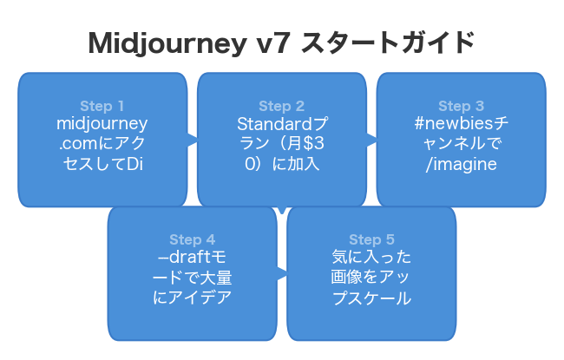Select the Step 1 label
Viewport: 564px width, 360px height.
[102, 107]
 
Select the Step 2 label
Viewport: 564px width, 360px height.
[281, 107]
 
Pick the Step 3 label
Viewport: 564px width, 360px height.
[461, 107]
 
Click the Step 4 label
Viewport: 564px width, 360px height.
[192, 240]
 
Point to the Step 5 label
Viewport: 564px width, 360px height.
[371, 240]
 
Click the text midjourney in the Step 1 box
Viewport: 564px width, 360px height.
[102, 124]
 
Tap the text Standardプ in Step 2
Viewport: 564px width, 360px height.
[281, 124]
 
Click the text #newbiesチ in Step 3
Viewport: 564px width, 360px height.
[461, 124]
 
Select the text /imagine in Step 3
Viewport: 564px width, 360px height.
[461, 164]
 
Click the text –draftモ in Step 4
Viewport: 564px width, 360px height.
[192, 258]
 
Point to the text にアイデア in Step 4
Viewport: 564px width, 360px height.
[192, 298]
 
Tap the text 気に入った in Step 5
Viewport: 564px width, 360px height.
[371, 258]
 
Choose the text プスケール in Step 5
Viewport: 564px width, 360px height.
[371, 298]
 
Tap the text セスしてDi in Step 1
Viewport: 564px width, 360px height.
[102, 164]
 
